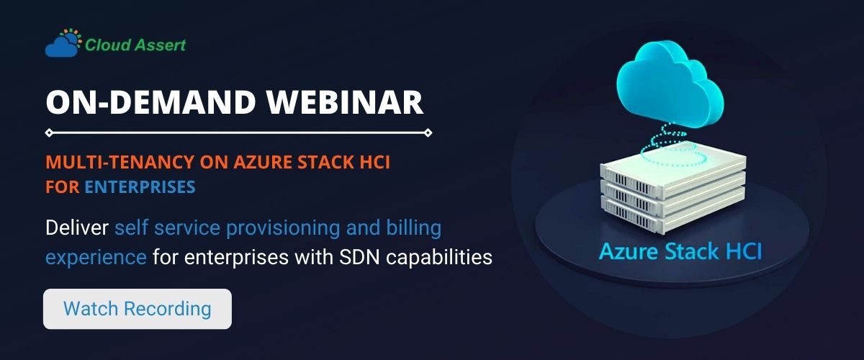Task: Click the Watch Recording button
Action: tap(137, 309)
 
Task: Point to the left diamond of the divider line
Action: tap(48, 132)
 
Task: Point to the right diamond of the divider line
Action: tap(428, 132)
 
